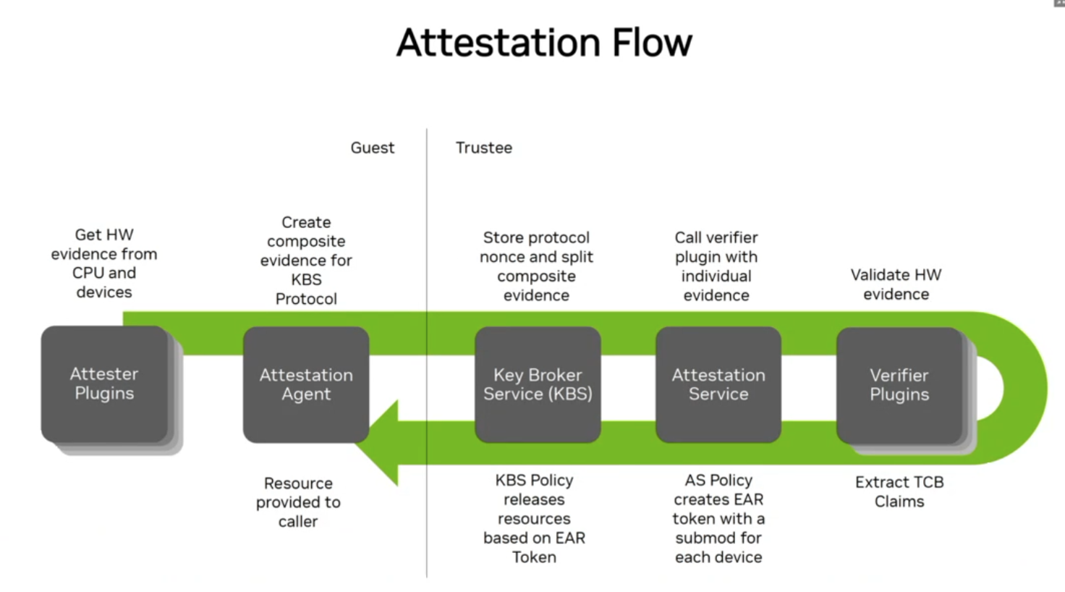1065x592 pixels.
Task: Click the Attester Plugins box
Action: [104, 384]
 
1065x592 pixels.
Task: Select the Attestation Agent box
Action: [306, 384]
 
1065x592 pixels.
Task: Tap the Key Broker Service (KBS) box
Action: [538, 384]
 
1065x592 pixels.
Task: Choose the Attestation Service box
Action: [718, 384]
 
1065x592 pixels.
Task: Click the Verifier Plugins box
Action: [899, 384]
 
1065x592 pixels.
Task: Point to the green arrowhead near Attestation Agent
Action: [380, 442]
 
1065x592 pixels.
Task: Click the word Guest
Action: [373, 148]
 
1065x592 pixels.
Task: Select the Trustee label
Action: [484, 148]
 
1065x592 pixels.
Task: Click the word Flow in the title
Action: [652, 43]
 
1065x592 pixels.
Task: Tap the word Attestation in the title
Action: [498, 43]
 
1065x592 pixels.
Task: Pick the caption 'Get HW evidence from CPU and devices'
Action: [104, 263]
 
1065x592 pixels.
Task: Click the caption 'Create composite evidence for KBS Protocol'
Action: [306, 261]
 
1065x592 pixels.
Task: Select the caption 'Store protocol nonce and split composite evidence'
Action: [536, 266]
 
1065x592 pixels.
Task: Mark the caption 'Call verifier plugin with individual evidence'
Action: [716, 266]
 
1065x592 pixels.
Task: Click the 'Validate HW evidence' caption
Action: [896, 284]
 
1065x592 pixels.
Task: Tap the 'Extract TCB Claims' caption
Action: [899, 491]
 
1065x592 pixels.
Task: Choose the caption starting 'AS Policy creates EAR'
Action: [718, 518]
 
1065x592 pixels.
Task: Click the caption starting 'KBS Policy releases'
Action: [534, 518]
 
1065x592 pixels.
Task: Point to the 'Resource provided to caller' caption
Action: [298, 502]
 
